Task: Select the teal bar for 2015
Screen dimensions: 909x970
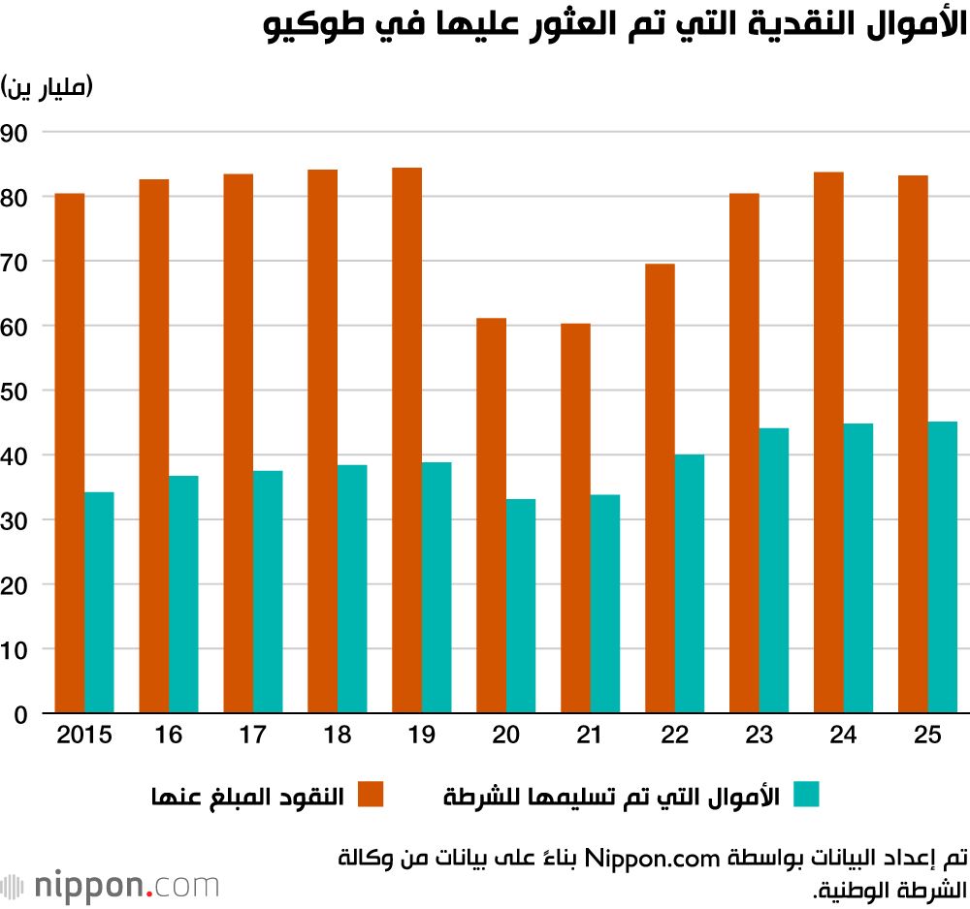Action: pos(99,603)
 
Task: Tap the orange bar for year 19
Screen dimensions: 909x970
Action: pos(406,441)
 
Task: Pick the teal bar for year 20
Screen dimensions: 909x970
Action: pos(520,606)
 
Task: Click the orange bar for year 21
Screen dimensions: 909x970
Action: pos(575,518)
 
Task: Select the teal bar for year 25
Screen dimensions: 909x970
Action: pos(943,567)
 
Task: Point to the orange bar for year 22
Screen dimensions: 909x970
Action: pos(660,488)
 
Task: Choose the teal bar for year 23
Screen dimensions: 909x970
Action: pos(773,571)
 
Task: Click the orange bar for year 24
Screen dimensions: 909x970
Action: pos(828,443)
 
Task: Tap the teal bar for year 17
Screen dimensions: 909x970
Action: pos(268,592)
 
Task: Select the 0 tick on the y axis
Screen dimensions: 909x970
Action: pos(20,714)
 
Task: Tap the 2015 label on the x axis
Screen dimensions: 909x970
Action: pos(84,736)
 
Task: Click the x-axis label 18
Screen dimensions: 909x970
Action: pos(338,736)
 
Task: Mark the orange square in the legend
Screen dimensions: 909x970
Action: pos(371,794)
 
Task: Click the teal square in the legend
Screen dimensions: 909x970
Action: pos(806,794)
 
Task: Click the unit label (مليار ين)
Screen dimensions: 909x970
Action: pos(48,88)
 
